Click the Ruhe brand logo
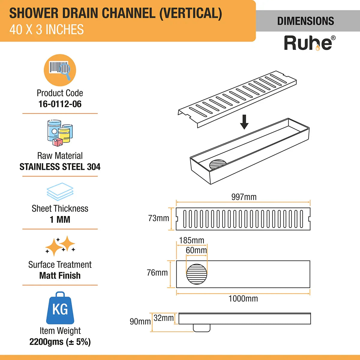(309, 43)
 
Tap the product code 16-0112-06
(60, 104)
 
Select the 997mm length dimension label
(244, 197)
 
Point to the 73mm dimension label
(158, 218)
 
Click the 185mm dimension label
(191, 241)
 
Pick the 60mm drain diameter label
(196, 250)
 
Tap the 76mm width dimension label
(157, 273)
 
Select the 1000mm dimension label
(243, 298)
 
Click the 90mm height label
(140, 322)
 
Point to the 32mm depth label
(163, 318)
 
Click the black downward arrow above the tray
(244, 122)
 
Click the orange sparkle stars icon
(60, 246)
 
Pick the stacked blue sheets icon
(60, 192)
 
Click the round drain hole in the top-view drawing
(197, 274)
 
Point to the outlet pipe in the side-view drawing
(202, 328)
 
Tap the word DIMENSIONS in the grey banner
(305, 21)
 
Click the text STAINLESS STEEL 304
(60, 167)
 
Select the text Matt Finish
(60, 275)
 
